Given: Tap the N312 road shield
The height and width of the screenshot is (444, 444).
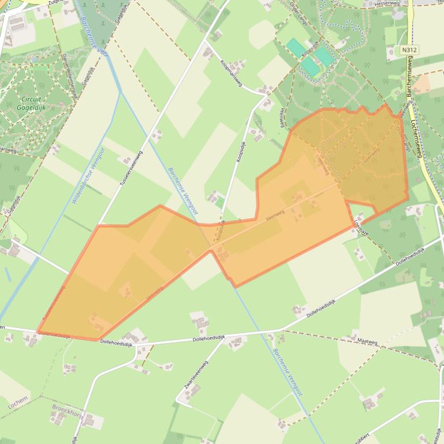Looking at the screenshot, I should (409, 50).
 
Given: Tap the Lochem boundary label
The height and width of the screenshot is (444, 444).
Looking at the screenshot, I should (17, 403).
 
